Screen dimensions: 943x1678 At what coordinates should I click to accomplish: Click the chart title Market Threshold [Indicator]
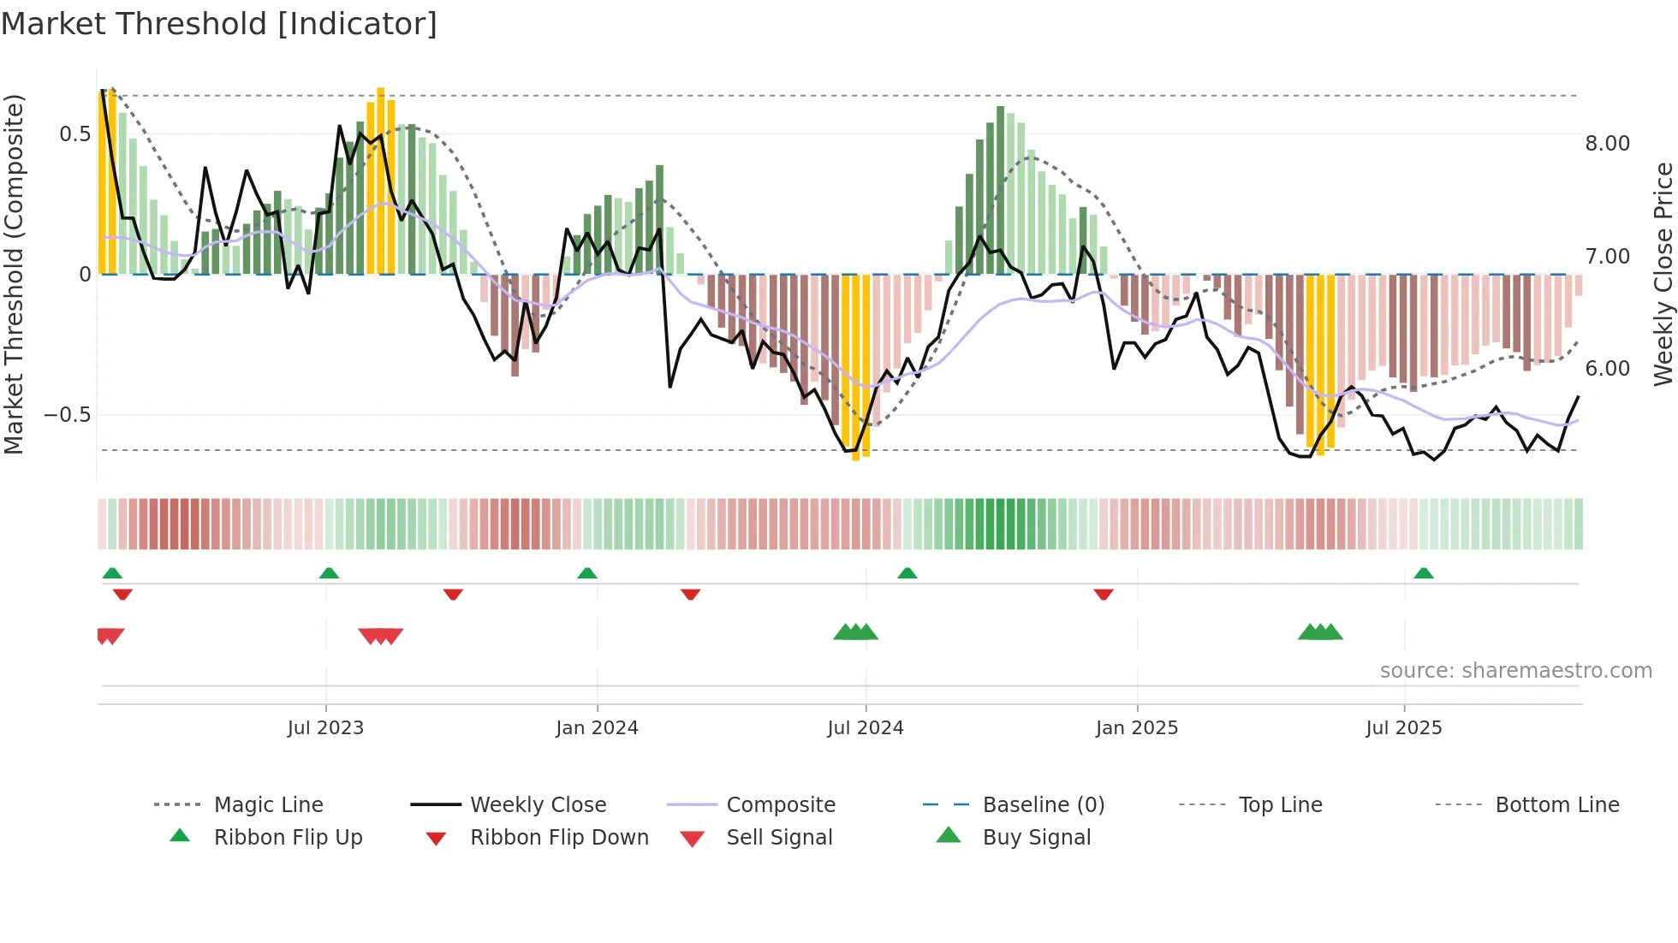pos(219,24)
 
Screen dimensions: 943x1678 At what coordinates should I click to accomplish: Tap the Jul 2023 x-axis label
pos(325,728)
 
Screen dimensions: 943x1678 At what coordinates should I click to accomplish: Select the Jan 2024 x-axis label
pos(597,728)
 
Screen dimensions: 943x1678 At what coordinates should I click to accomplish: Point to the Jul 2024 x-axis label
pos(865,728)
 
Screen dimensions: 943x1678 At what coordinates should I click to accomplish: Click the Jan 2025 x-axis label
pos(1137,728)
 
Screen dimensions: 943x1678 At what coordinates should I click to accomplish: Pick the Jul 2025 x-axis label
pos(1404,728)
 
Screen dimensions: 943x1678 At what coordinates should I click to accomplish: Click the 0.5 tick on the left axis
pos(75,134)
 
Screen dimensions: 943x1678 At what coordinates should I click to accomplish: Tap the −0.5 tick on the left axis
pos(68,415)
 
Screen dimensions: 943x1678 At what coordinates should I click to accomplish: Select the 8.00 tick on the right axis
pos(1607,144)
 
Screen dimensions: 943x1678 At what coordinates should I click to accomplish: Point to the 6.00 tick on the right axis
pos(1607,369)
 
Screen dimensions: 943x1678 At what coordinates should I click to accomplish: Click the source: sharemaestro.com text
pos(1515,671)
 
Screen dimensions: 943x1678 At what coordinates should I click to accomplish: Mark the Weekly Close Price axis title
pos(1663,274)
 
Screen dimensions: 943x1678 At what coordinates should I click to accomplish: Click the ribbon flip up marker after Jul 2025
pos(1424,573)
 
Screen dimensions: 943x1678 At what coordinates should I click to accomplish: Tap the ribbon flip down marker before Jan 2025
pos(1104,594)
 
